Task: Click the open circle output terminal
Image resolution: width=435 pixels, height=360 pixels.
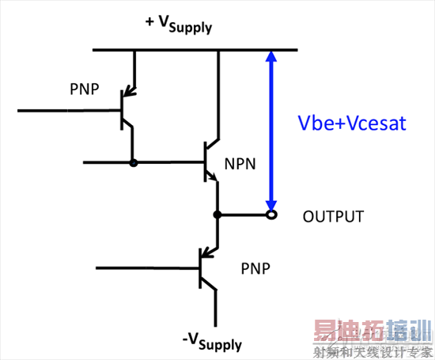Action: click(x=270, y=214)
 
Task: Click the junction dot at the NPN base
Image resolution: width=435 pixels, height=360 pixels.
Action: click(x=133, y=163)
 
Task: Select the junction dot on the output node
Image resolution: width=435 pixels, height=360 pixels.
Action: click(x=217, y=214)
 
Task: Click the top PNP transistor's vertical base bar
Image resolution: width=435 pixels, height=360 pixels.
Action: click(x=120, y=110)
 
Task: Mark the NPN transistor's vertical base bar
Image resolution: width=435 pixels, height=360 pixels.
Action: click(x=204, y=162)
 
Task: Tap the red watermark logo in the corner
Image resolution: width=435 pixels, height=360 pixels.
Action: click(x=372, y=336)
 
